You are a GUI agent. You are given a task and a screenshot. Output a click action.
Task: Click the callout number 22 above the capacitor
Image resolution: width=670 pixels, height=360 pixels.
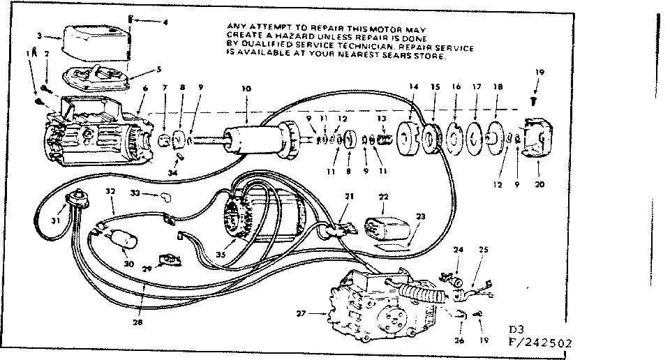pos(382,197)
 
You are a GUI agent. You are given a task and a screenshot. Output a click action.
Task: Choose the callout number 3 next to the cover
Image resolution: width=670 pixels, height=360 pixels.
pos(40,35)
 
